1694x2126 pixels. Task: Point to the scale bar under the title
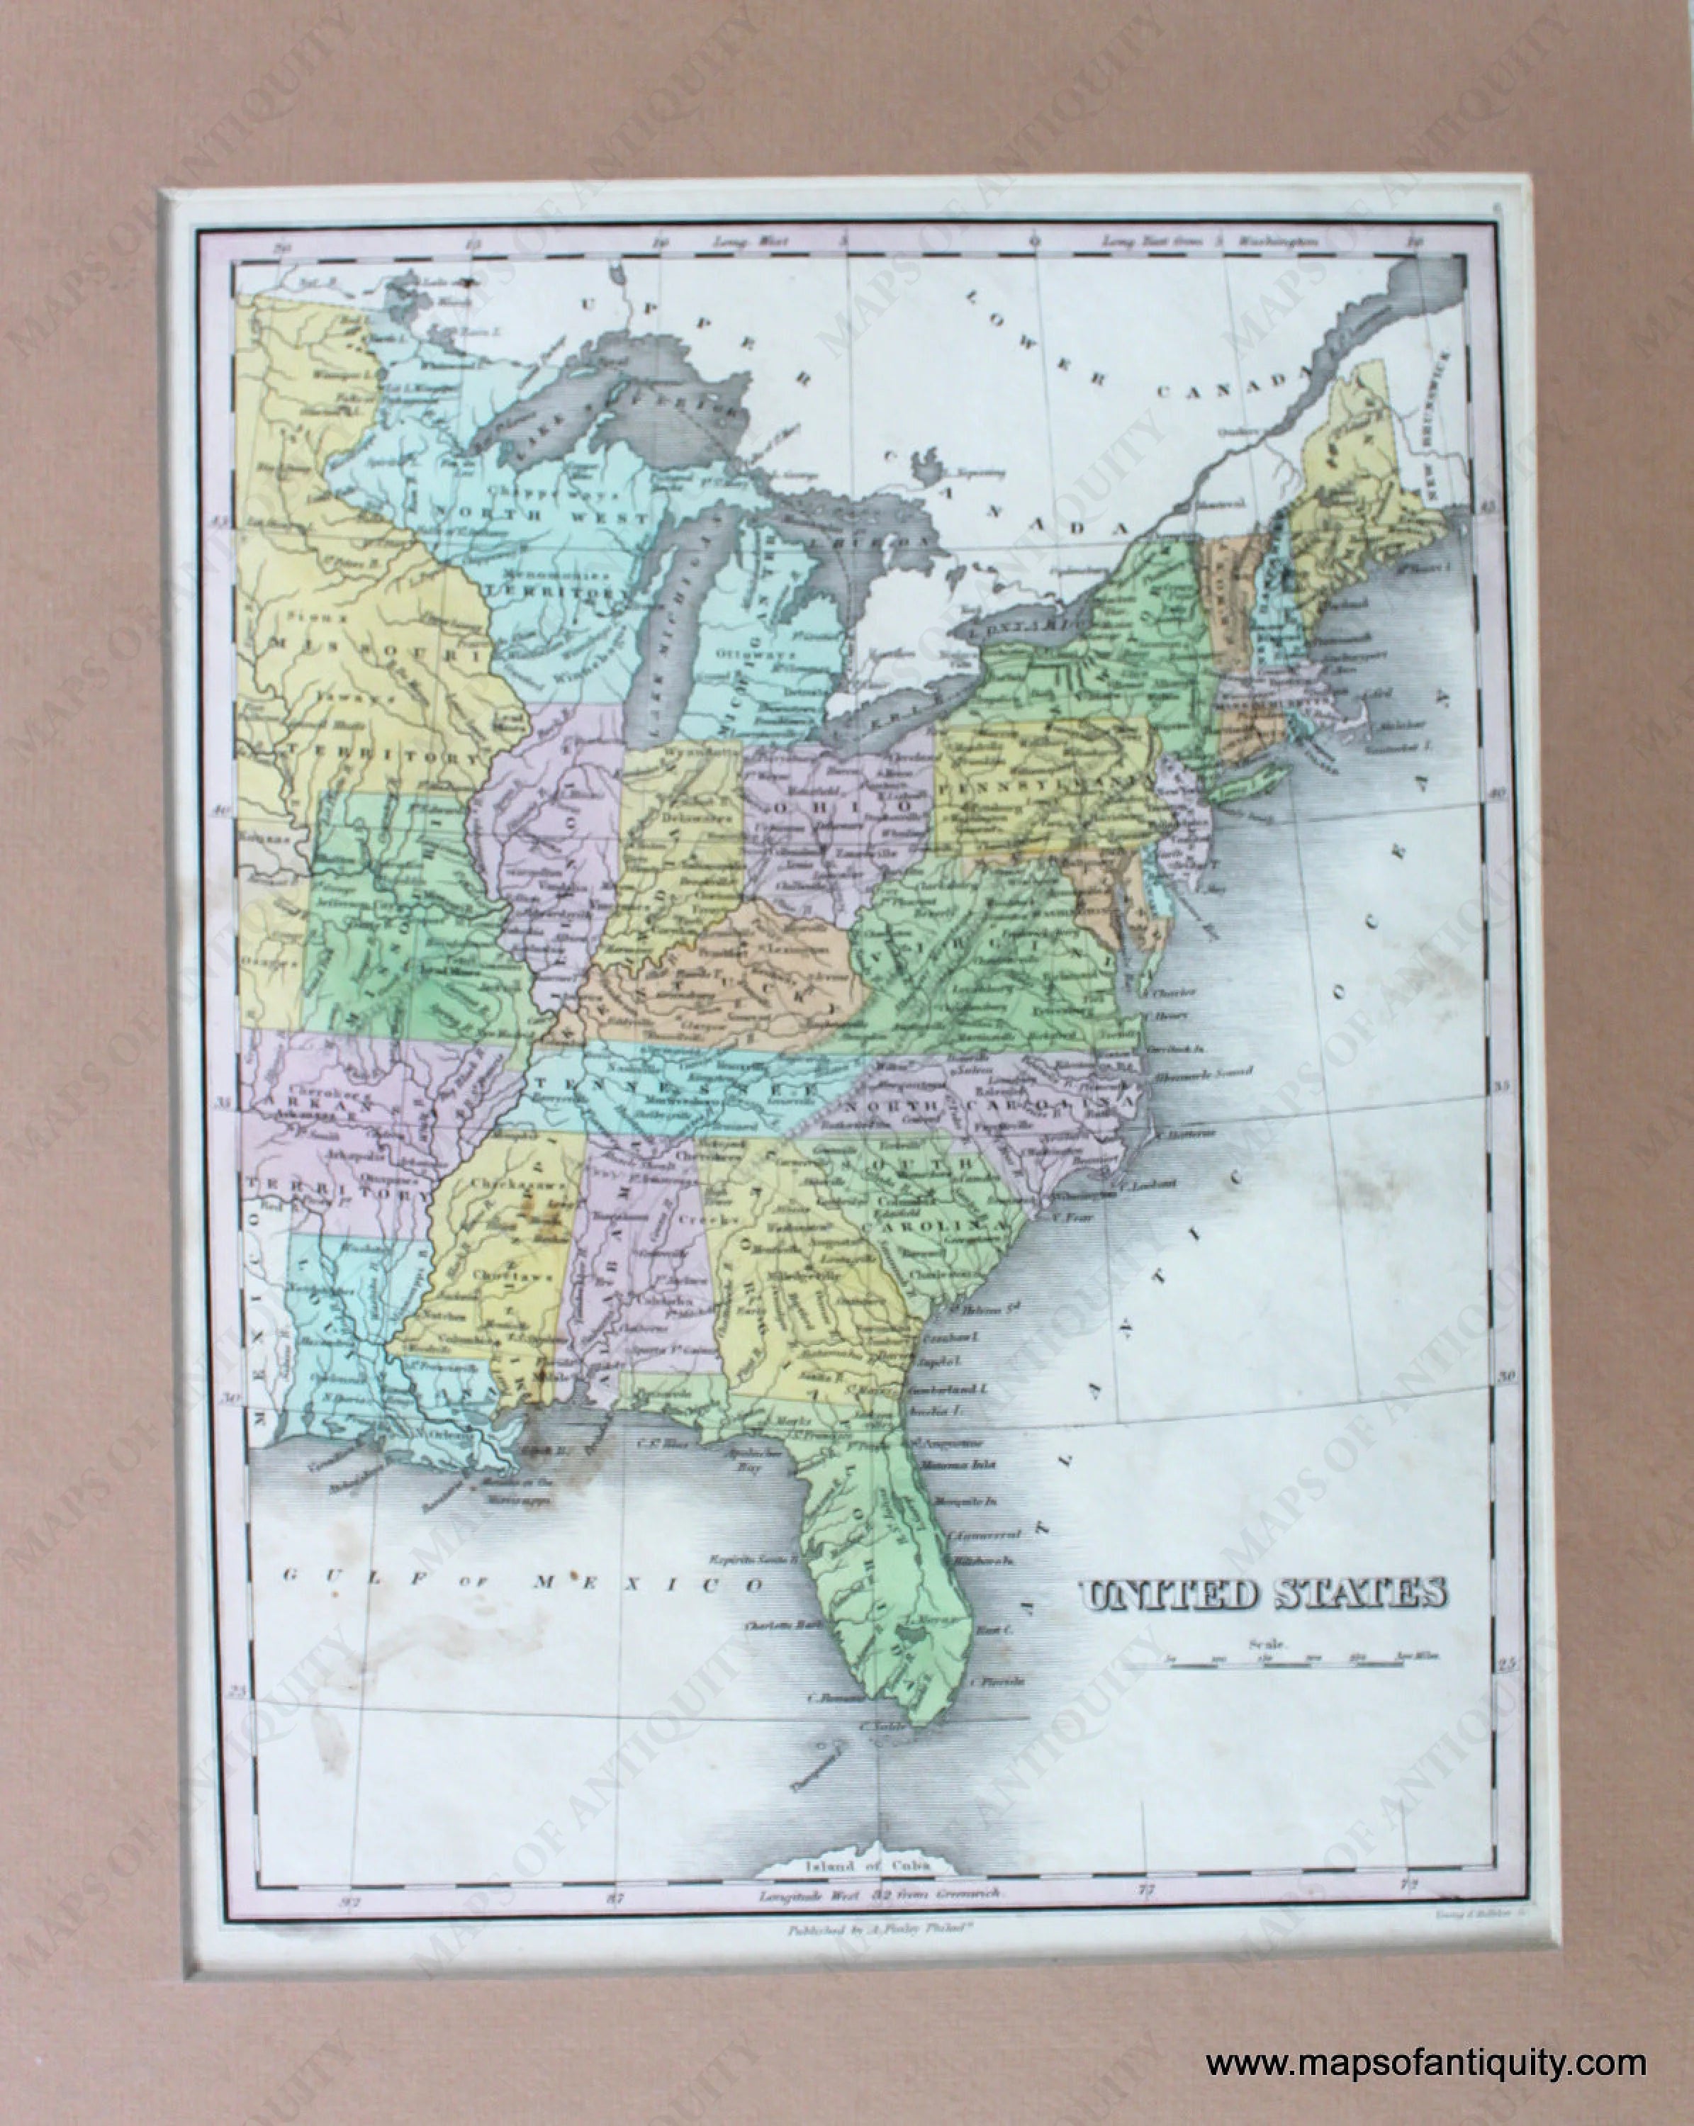(x=1267, y=1663)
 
